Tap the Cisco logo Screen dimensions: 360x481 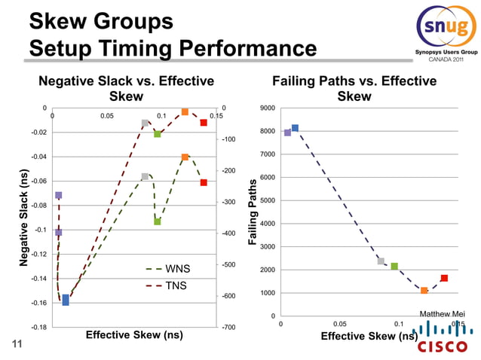tap(442, 339)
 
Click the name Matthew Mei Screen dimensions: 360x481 tap(442, 313)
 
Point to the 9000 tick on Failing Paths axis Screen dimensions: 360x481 tap(268, 108)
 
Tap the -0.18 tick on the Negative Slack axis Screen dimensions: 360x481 tap(35, 327)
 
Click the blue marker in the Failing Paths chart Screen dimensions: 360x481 tap(295, 128)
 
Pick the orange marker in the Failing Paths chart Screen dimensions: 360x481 tap(424, 290)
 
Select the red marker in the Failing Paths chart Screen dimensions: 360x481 tap(444, 278)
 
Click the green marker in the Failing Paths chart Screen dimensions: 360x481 tap(394, 266)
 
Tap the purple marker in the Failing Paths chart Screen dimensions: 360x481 tap(287, 133)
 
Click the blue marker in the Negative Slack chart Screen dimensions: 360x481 tap(66, 300)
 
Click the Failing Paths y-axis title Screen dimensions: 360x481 tap(253, 212)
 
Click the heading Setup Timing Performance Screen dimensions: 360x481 tap(173, 50)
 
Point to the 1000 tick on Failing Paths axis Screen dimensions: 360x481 tap(268, 293)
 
